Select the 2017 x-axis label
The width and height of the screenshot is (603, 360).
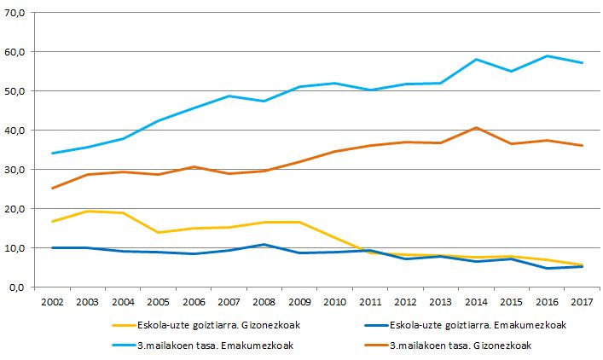click(x=582, y=303)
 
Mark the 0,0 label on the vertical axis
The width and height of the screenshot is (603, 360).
click(x=18, y=287)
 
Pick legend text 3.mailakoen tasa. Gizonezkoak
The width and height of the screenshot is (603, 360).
click(x=465, y=345)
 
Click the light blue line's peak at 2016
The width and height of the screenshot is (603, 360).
click(x=547, y=56)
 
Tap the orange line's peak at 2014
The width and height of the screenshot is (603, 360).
click(x=476, y=128)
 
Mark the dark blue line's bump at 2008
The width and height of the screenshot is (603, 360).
click(x=265, y=245)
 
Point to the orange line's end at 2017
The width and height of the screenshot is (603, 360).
click(x=582, y=146)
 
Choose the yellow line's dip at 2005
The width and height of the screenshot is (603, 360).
click(x=159, y=233)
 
